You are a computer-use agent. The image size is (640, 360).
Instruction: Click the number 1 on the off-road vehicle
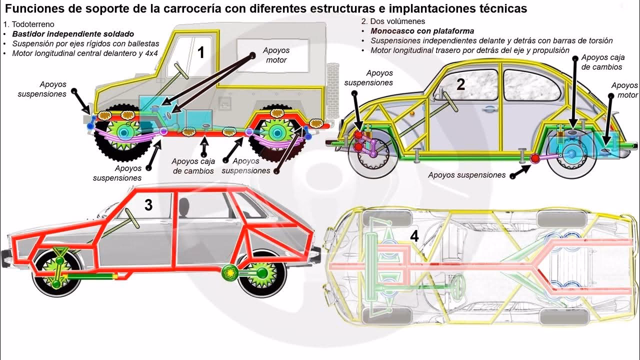[201, 52]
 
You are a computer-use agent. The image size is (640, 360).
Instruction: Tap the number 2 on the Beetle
[460, 84]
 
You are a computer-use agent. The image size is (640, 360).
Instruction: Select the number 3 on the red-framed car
[148, 204]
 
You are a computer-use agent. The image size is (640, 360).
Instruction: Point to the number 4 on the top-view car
[414, 236]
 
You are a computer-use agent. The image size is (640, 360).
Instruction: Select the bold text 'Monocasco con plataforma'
[422, 31]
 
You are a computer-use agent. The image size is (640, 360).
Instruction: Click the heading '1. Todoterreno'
[28, 24]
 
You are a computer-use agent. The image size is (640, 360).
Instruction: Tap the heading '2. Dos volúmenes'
[392, 21]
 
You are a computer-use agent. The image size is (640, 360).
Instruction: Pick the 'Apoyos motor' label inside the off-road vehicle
[276, 55]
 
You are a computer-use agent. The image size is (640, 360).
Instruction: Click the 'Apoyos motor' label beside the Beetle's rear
[625, 90]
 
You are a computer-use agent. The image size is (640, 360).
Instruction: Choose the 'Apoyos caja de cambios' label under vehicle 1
[193, 166]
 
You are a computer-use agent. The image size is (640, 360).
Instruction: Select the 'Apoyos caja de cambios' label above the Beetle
[602, 62]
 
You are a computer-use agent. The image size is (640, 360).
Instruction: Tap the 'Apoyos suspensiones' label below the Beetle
[467, 175]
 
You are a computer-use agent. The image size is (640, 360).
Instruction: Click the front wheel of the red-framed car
[56, 275]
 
